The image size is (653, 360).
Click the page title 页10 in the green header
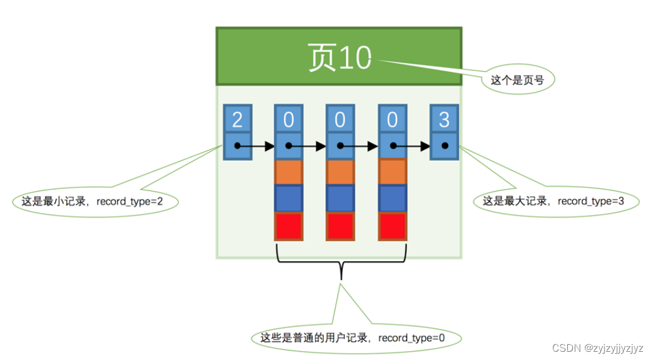point(339,57)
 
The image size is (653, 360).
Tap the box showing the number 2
point(238,119)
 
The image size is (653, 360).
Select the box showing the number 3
point(444,119)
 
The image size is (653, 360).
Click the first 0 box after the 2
point(289,119)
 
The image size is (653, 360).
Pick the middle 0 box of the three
point(340,119)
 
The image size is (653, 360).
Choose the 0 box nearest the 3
point(392,119)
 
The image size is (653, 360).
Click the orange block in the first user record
point(289,172)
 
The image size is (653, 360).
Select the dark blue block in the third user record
point(392,199)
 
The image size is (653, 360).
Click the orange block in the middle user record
point(340,172)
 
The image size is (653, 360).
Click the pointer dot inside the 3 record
point(444,146)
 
